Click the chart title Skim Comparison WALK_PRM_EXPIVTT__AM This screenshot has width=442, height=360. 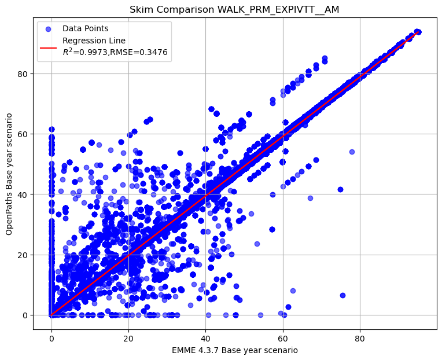pos(234,10)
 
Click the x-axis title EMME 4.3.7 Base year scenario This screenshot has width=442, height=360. pos(234,350)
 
